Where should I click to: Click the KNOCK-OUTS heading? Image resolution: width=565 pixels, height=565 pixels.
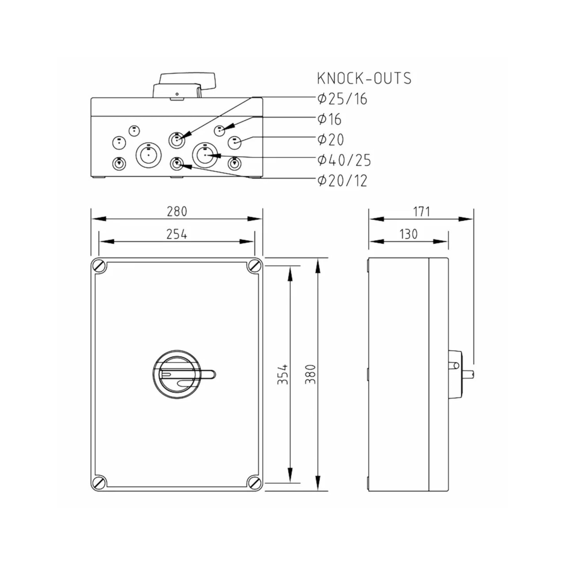pos(364,78)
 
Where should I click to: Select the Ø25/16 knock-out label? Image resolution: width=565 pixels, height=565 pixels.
pos(342,99)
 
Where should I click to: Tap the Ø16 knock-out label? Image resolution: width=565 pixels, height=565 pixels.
pos(330,119)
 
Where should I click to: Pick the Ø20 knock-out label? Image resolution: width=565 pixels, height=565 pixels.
pos(331,140)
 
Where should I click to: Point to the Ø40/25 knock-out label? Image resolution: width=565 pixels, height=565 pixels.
pos(344,160)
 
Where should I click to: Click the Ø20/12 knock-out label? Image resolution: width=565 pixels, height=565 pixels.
pos(342,181)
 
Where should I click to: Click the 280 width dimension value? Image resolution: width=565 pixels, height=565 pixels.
pos(177,211)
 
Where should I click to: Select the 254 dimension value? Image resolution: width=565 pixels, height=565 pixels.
pos(177,234)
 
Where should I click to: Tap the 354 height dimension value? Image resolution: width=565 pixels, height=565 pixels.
pos(282,374)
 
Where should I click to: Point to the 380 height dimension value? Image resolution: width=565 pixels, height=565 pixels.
pos(310,374)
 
